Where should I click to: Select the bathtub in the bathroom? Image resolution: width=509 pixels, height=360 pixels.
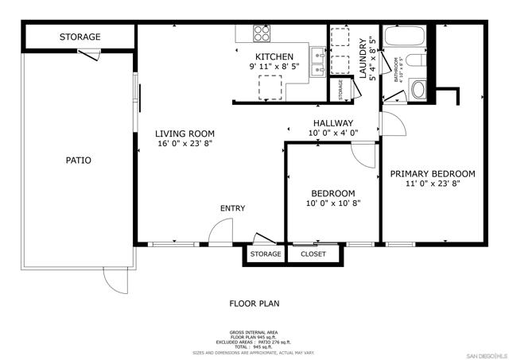[x=406, y=39]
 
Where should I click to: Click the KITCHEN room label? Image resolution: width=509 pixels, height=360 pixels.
[x=274, y=56]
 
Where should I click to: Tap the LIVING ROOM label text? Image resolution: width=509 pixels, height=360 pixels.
[x=185, y=134]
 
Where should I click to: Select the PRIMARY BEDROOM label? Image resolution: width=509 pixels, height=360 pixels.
[x=432, y=173]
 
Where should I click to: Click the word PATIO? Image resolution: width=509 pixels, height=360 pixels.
[x=78, y=160]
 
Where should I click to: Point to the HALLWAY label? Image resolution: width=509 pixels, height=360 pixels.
[x=333, y=122]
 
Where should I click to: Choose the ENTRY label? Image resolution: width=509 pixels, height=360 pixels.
[x=232, y=208]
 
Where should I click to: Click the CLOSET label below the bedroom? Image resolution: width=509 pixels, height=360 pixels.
[x=313, y=254]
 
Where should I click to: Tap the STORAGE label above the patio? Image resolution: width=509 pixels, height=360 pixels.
[x=80, y=37]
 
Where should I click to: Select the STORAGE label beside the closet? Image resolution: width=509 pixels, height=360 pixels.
[x=266, y=254]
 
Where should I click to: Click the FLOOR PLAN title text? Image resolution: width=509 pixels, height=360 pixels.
[x=254, y=303]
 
